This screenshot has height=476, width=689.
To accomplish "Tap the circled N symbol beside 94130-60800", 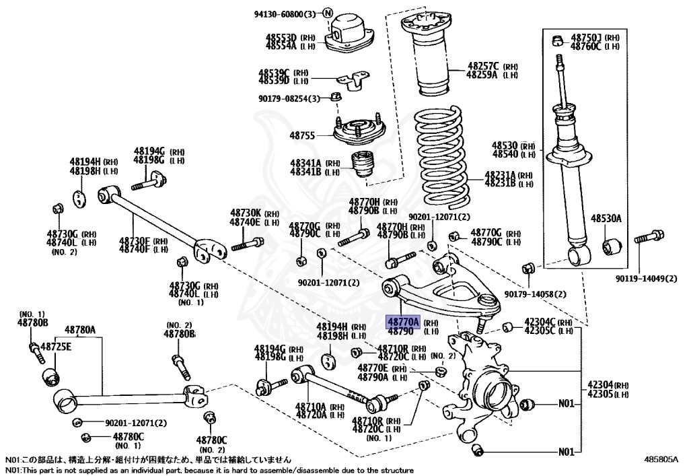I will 328,13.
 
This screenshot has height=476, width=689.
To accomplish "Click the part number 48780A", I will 79,330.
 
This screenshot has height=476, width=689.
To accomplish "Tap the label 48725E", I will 56,347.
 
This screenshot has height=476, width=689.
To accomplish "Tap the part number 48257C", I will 483,66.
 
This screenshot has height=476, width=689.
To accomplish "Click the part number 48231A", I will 501,174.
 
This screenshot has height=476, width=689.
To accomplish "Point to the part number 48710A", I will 310,407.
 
